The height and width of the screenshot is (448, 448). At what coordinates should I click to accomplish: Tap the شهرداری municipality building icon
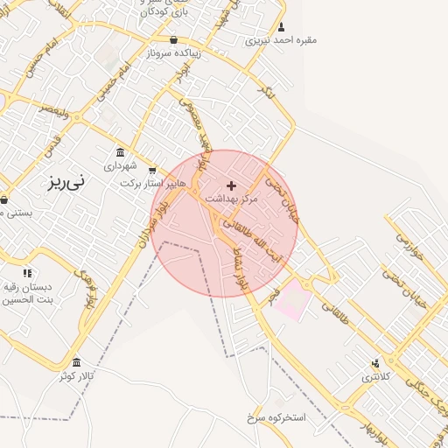120,152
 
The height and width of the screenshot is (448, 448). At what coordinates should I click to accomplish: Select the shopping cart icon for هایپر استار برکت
153,171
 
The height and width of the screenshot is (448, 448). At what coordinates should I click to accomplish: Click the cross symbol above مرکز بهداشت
231,185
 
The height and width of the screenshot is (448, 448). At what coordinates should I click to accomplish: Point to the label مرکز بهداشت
232,199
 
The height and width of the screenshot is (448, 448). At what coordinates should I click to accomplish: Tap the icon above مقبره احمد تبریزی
281,27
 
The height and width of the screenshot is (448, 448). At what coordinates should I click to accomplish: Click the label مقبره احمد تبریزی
281,39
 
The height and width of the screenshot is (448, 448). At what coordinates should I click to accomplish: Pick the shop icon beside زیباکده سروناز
173,39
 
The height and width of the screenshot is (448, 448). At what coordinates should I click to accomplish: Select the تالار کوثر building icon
76,362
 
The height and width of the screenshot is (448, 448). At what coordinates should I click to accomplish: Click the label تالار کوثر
76,375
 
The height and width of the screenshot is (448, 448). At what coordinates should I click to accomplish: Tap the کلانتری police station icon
376,363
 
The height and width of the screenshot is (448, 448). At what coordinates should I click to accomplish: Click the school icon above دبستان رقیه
27,274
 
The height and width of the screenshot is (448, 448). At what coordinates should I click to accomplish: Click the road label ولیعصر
53,111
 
